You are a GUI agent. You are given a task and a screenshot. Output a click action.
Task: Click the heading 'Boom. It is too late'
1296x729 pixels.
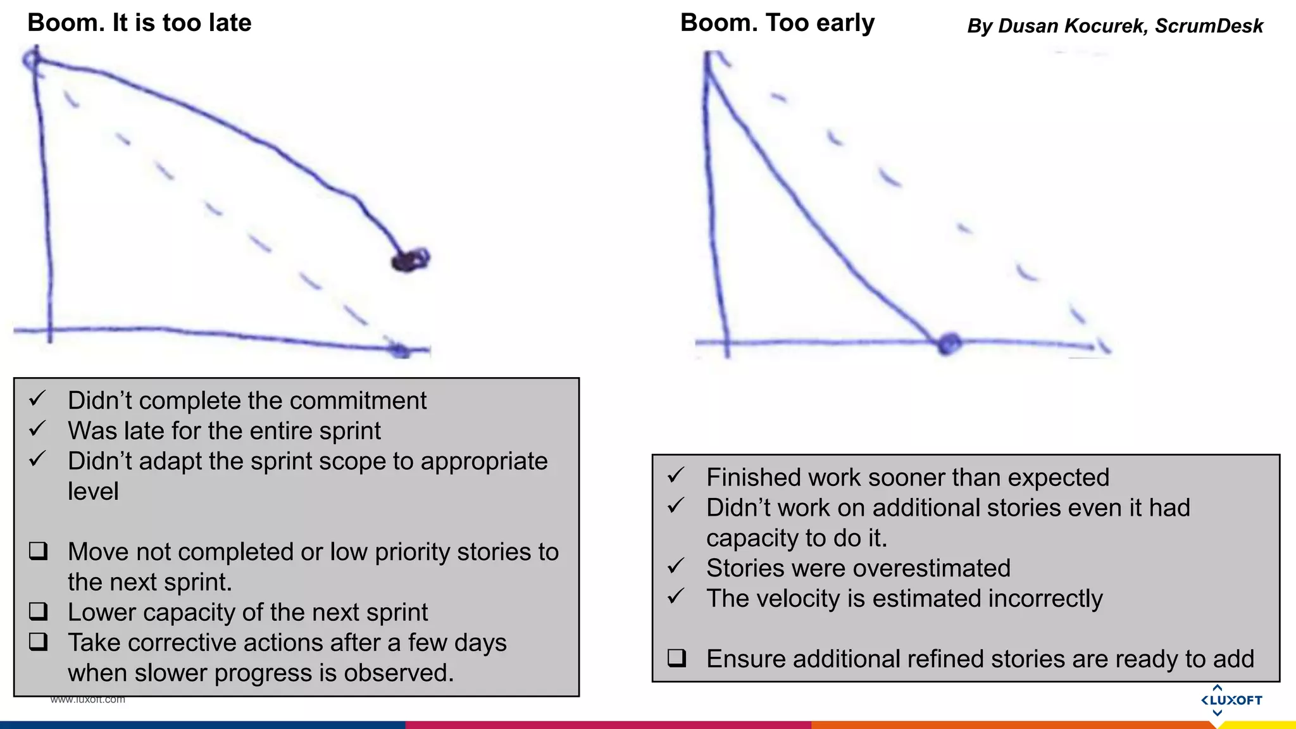click(x=139, y=23)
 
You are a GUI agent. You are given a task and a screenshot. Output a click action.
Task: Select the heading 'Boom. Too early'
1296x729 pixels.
click(x=777, y=23)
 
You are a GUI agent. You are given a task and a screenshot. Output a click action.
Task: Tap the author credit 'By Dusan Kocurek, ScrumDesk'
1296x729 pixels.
click(x=1115, y=26)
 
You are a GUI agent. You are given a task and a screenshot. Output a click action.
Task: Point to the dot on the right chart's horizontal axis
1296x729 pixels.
click(x=949, y=344)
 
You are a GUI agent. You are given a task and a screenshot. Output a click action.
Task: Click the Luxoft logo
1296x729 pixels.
click(x=1231, y=700)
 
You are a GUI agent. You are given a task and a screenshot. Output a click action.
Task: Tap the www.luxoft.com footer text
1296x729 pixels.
click(x=88, y=699)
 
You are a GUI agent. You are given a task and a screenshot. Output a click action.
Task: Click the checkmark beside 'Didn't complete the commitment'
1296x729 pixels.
click(x=37, y=399)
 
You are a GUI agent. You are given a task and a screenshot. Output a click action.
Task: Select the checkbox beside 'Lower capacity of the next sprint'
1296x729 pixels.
click(x=39, y=611)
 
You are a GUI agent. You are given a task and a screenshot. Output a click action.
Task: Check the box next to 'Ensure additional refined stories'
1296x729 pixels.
click(x=676, y=658)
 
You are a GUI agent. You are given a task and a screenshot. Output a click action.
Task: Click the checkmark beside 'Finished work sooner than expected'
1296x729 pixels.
click(x=676, y=475)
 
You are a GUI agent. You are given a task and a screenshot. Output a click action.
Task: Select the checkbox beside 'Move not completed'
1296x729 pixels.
click(x=39, y=551)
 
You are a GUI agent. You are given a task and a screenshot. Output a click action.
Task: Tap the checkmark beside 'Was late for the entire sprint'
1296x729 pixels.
click(x=37, y=429)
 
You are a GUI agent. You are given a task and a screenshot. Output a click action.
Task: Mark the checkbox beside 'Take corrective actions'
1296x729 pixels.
click(x=39, y=642)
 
